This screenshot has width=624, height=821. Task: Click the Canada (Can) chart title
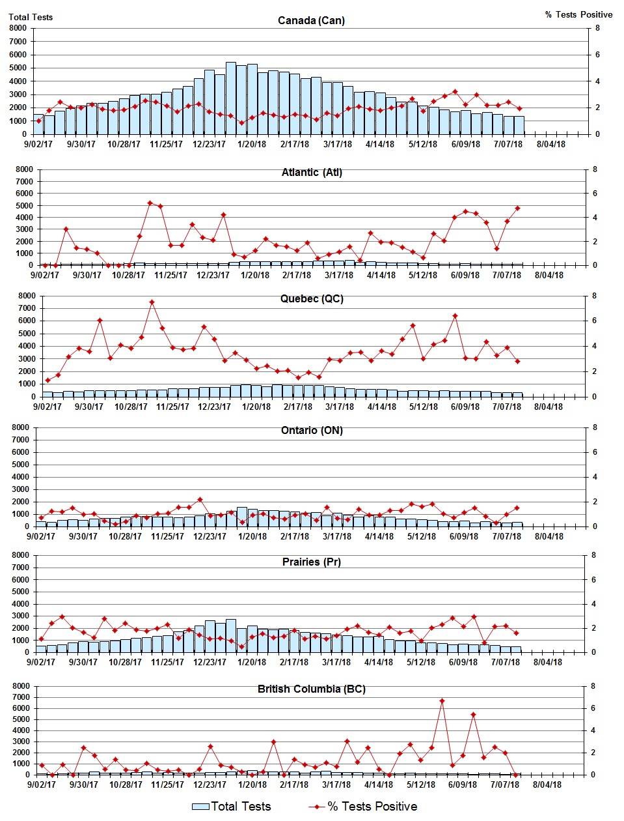point(311,20)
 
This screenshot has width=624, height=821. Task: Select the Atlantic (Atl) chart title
point(312,172)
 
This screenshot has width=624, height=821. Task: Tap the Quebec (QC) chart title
point(312,298)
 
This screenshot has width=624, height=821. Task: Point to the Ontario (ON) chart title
point(312,430)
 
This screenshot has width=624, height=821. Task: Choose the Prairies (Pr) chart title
point(312,562)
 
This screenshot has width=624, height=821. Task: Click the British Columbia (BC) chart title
point(312,689)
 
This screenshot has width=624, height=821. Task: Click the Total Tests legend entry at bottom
point(232,807)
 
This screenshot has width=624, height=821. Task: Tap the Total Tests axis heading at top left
point(31,17)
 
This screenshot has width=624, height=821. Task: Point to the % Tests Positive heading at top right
point(578,14)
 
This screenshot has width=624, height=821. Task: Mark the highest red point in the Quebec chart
point(152,302)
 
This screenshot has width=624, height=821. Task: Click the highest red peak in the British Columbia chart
point(442,701)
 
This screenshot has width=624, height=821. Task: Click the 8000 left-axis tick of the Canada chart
point(18,28)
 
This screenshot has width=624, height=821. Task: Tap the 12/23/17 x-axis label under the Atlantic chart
point(213,275)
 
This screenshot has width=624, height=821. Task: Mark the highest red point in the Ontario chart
point(200,500)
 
